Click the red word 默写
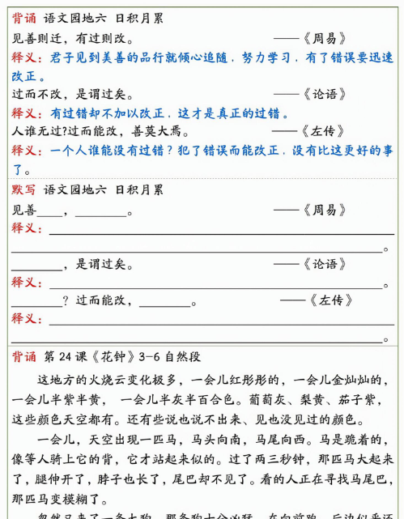(23, 189)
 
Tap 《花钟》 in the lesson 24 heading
(112, 356)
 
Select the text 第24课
(64, 356)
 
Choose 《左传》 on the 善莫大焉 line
(321, 131)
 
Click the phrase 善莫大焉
(160, 131)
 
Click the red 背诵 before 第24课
(23, 356)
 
